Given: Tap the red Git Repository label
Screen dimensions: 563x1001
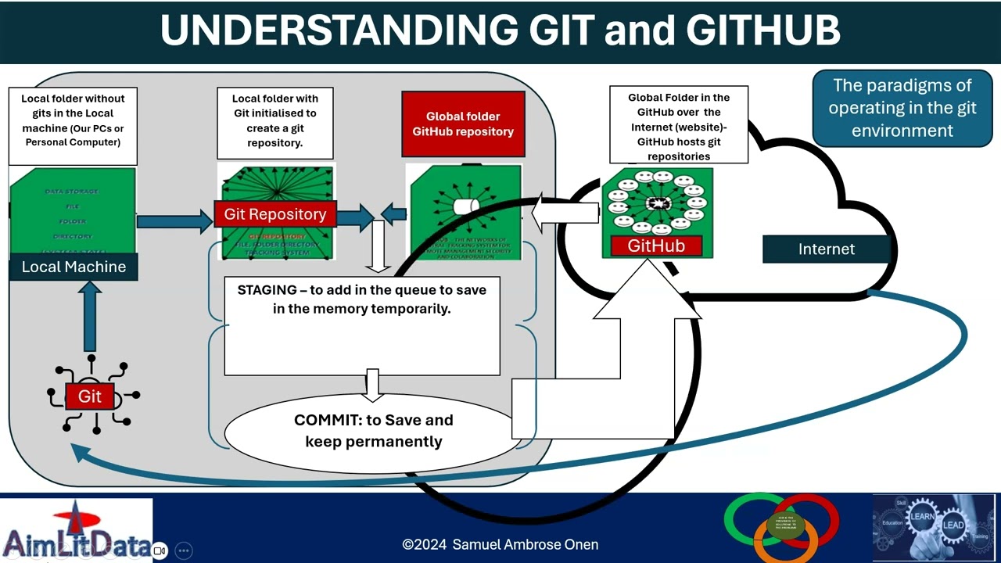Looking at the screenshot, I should (x=275, y=214).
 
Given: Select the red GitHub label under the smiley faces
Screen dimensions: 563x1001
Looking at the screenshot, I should (x=657, y=246).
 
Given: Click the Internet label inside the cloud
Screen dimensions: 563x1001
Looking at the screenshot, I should (x=827, y=249).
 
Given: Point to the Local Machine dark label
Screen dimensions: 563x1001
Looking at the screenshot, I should (x=74, y=267).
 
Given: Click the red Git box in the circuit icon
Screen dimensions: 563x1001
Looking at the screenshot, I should (x=90, y=396).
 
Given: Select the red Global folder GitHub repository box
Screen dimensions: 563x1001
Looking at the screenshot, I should (x=463, y=124).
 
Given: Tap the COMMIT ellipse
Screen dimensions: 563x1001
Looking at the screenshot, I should (x=373, y=431).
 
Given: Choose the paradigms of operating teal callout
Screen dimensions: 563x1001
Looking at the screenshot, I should (x=902, y=109).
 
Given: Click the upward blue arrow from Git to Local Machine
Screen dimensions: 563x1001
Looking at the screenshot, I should (x=90, y=317).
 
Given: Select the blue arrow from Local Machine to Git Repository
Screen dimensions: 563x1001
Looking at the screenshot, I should (x=174, y=221).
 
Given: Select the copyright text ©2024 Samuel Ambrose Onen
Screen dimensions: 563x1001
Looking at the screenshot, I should (x=500, y=544).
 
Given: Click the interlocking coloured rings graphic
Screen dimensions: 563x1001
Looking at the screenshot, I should (x=782, y=526).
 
